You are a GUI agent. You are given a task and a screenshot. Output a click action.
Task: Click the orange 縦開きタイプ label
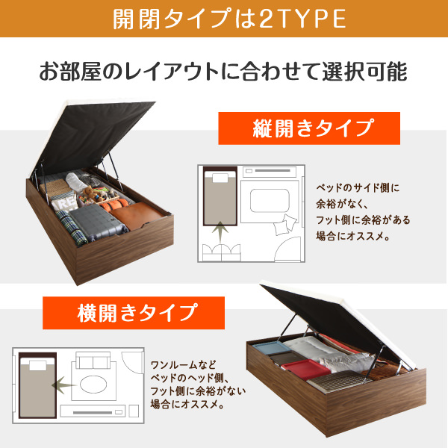309,128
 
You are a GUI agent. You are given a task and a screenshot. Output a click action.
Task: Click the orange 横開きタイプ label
134,313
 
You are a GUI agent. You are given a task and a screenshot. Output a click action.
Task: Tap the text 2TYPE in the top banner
302,19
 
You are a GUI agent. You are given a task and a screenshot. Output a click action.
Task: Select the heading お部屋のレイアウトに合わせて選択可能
223,72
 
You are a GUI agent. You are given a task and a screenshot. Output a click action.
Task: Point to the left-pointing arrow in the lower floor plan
64,385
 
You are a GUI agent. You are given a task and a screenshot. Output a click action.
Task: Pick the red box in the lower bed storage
305,370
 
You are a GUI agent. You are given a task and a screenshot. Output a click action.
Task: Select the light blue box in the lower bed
272,348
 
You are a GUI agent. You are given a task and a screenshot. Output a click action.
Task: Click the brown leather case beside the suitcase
137,216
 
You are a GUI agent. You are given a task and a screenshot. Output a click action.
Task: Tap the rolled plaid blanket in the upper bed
72,228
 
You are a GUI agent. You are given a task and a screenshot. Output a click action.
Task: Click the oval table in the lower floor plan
93,384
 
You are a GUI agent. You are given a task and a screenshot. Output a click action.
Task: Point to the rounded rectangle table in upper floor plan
270,201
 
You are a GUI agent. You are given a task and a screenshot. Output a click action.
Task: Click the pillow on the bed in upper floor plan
220,178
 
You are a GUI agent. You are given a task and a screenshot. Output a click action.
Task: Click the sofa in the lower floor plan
93,361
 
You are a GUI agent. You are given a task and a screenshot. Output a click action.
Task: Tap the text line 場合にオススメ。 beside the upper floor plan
353,236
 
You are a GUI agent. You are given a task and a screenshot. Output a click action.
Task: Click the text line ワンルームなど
184,365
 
